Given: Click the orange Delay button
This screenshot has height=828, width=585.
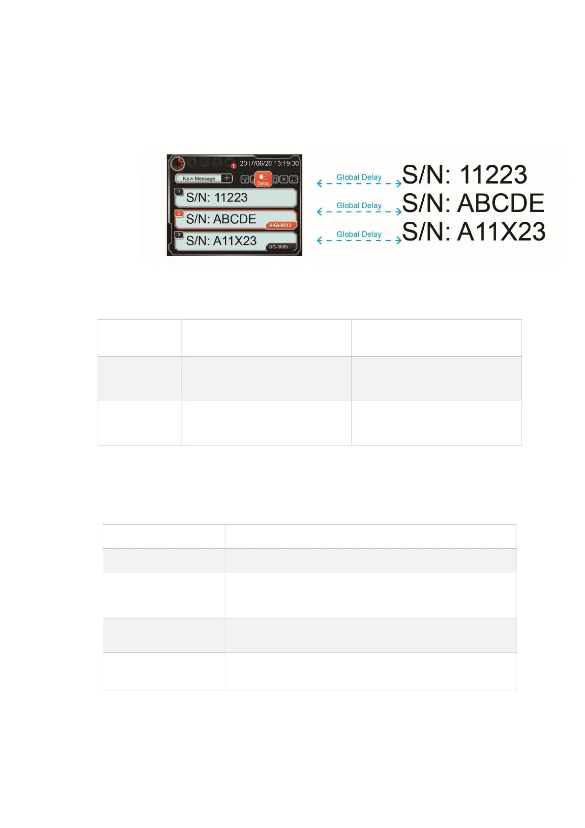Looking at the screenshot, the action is pos(263,179).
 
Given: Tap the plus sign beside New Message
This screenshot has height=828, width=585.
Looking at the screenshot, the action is pos(227,178).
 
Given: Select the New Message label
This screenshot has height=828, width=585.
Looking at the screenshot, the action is pos(199,178).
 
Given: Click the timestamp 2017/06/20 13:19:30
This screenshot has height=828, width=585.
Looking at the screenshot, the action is pos(269,163).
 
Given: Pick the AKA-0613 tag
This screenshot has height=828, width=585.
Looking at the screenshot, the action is pos(280,225).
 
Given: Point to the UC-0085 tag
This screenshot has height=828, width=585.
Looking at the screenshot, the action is pos(278,247).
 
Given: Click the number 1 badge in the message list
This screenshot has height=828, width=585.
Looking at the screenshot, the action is pos(179,192).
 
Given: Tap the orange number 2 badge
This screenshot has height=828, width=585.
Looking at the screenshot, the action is pos(179,213).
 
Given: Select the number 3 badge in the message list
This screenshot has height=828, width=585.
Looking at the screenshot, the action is pos(179,235).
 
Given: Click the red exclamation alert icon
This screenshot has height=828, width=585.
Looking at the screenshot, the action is pos(234,166).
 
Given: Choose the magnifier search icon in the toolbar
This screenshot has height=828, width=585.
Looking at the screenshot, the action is pos(293,179).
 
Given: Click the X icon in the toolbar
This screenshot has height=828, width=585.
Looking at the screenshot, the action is pos(284,179).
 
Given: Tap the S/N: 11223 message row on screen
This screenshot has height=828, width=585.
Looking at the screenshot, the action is pos(236,198).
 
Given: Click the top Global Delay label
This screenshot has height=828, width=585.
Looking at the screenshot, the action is pos(359,177).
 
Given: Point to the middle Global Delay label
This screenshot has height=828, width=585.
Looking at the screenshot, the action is pos(359,206).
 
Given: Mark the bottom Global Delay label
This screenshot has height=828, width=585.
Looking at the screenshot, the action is pos(359,234).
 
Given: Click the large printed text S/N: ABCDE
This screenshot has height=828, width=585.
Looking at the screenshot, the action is pos(473,203).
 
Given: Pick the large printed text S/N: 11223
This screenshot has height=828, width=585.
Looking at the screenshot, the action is pos(465,175).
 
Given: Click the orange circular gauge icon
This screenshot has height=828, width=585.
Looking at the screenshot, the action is pos(177,163).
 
